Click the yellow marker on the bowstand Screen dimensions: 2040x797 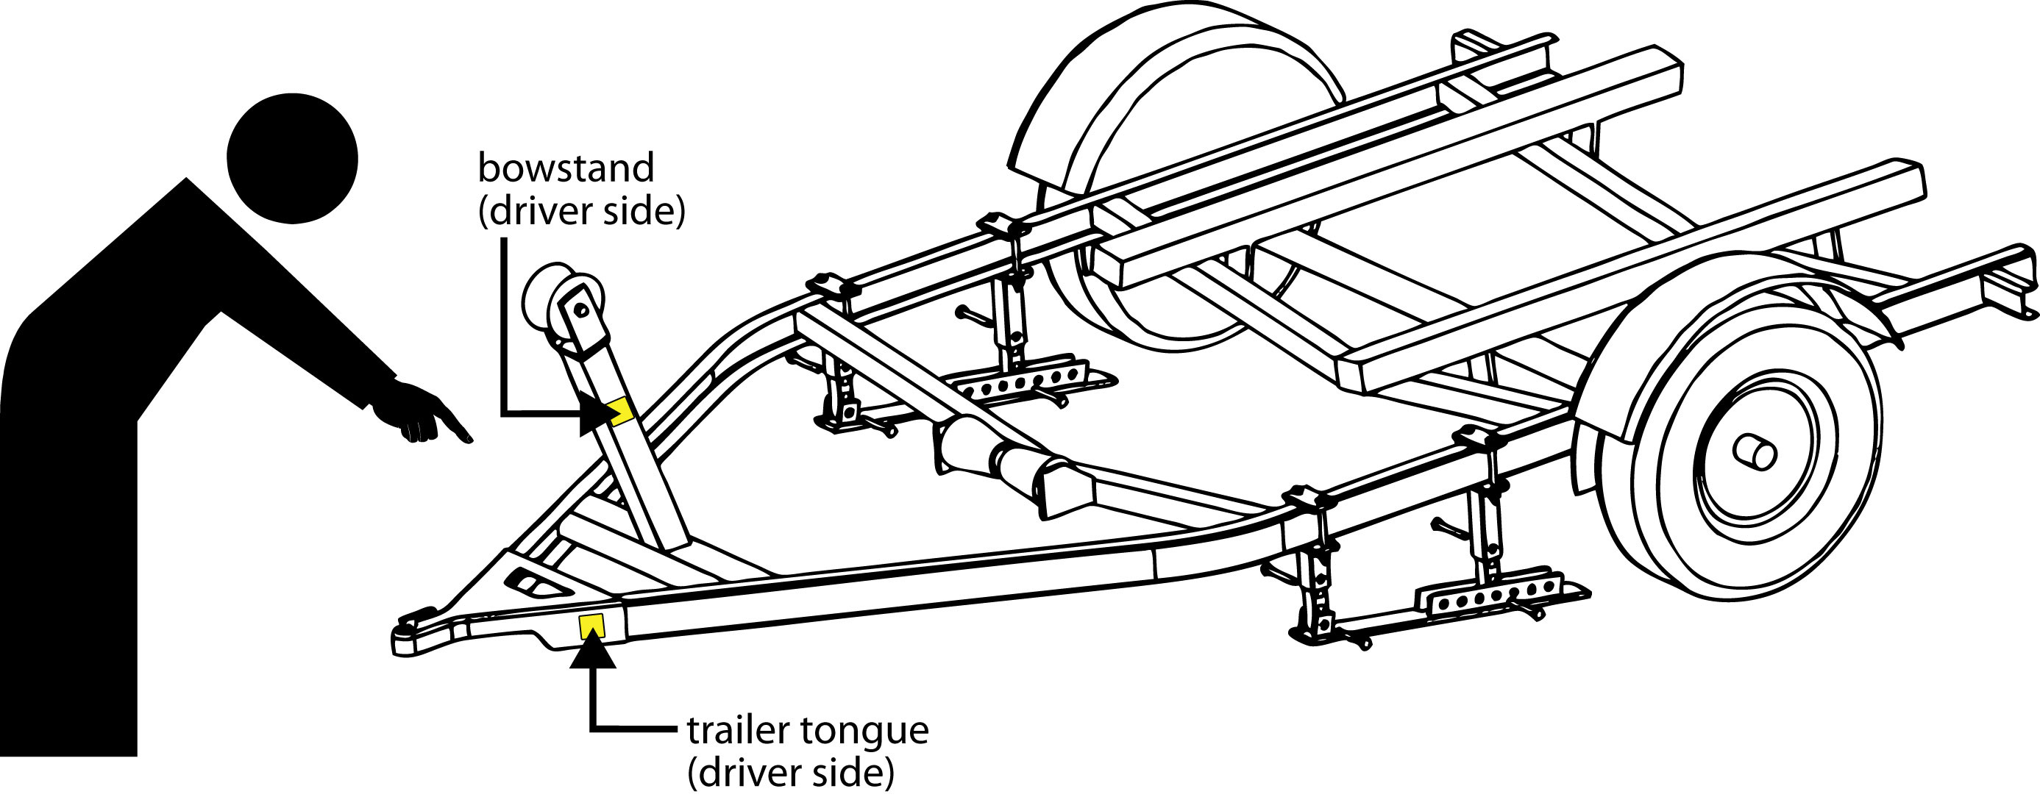[x=619, y=410]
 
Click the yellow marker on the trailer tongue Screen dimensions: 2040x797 [x=591, y=626]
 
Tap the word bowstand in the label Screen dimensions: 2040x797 [x=566, y=168]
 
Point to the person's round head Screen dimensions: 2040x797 [x=292, y=158]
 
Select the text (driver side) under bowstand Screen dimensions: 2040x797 [x=582, y=212]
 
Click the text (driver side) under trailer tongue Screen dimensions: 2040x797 [x=791, y=774]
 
